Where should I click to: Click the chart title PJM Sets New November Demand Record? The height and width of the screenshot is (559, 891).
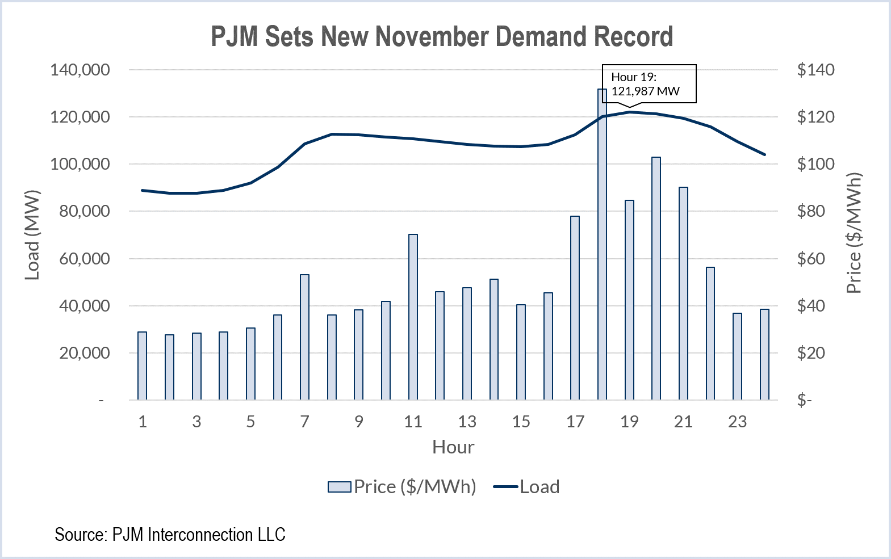442,36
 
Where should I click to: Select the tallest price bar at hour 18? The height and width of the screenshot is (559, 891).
602,244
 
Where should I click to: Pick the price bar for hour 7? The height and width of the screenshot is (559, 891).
304,337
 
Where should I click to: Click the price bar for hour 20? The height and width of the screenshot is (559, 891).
656,278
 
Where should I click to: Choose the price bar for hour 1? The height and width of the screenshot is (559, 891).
142,365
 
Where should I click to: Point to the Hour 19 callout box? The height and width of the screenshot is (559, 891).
649,84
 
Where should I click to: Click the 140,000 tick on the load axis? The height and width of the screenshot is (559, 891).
80,70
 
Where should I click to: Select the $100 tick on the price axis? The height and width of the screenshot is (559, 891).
815,164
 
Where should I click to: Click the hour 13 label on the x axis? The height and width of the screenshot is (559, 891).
467,422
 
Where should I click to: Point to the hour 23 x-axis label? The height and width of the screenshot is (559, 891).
737,422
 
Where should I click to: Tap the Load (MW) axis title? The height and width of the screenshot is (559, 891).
33,234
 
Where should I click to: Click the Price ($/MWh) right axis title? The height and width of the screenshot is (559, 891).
854,233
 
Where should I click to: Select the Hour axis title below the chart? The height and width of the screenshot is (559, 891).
453,447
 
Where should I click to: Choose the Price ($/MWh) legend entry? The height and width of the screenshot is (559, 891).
402,487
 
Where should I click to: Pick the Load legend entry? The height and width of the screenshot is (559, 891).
527,487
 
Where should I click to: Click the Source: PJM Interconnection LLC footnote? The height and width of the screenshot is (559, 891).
170,535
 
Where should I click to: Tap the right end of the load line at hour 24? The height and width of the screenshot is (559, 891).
764,154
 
